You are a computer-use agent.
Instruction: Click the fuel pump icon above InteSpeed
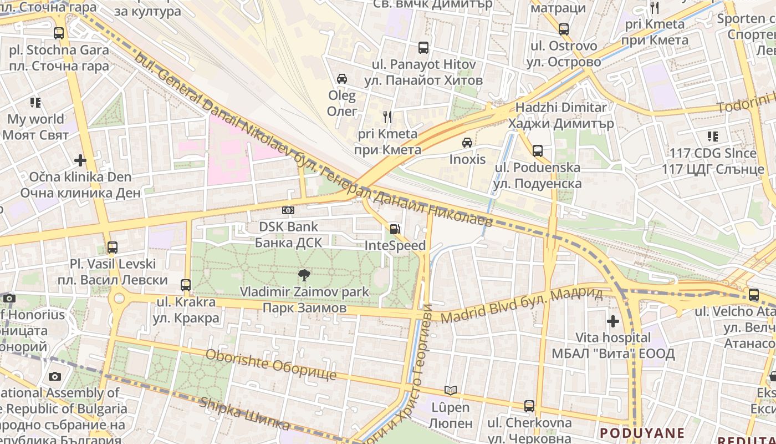[395, 229]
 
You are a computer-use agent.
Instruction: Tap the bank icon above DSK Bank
[288, 210]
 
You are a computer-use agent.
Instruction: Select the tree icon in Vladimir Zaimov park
[303, 275]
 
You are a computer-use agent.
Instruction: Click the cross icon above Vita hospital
[612, 321]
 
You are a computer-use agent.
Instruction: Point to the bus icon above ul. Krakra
[186, 285]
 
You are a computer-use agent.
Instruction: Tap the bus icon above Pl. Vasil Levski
[113, 248]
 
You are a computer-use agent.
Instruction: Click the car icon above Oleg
[342, 79]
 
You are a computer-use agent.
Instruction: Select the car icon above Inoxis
[467, 143]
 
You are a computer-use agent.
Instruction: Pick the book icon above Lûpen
[451, 391]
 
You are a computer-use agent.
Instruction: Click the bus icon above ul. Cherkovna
[529, 406]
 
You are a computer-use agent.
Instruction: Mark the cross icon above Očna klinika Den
[80, 160]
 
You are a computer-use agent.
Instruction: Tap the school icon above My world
[35, 103]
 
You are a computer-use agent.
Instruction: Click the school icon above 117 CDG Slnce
[713, 137]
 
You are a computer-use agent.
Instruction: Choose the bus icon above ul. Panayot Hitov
[423, 48]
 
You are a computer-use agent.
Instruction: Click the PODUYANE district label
[642, 433]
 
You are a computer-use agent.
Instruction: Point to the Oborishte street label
[270, 364]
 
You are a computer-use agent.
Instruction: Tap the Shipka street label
[244, 414]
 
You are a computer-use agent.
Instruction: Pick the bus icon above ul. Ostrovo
[564, 29]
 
